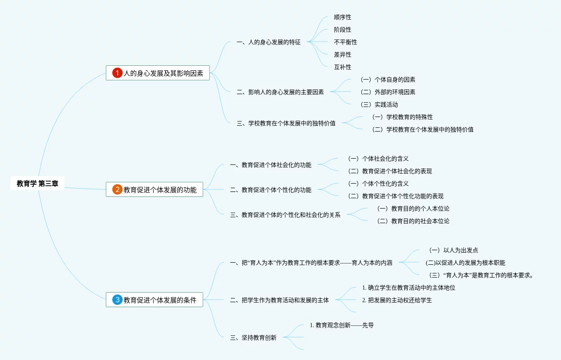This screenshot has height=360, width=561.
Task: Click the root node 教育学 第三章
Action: (x=37, y=184)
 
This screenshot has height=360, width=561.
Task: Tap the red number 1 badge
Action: (x=117, y=73)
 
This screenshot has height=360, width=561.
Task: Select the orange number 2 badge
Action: (x=117, y=190)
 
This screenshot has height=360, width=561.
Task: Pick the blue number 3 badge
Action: (x=117, y=300)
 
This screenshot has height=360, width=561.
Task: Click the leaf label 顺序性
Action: (x=342, y=17)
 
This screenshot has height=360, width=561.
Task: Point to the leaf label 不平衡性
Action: (x=345, y=42)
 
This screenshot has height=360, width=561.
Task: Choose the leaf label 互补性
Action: (x=342, y=67)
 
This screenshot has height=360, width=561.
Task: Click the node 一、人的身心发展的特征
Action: (x=268, y=42)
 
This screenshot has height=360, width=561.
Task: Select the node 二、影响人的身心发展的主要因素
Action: (x=280, y=92)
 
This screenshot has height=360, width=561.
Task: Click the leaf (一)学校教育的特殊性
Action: (x=402, y=117)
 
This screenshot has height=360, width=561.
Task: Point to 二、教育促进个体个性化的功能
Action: (x=270, y=190)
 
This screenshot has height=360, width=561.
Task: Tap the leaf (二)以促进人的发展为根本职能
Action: (x=465, y=263)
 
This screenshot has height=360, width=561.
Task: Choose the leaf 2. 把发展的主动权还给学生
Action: (x=397, y=300)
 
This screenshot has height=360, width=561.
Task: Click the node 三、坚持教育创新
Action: (x=253, y=338)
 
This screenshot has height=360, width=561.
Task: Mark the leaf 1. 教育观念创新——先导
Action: (x=341, y=325)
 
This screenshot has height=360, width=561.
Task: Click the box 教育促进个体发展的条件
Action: (x=160, y=300)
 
